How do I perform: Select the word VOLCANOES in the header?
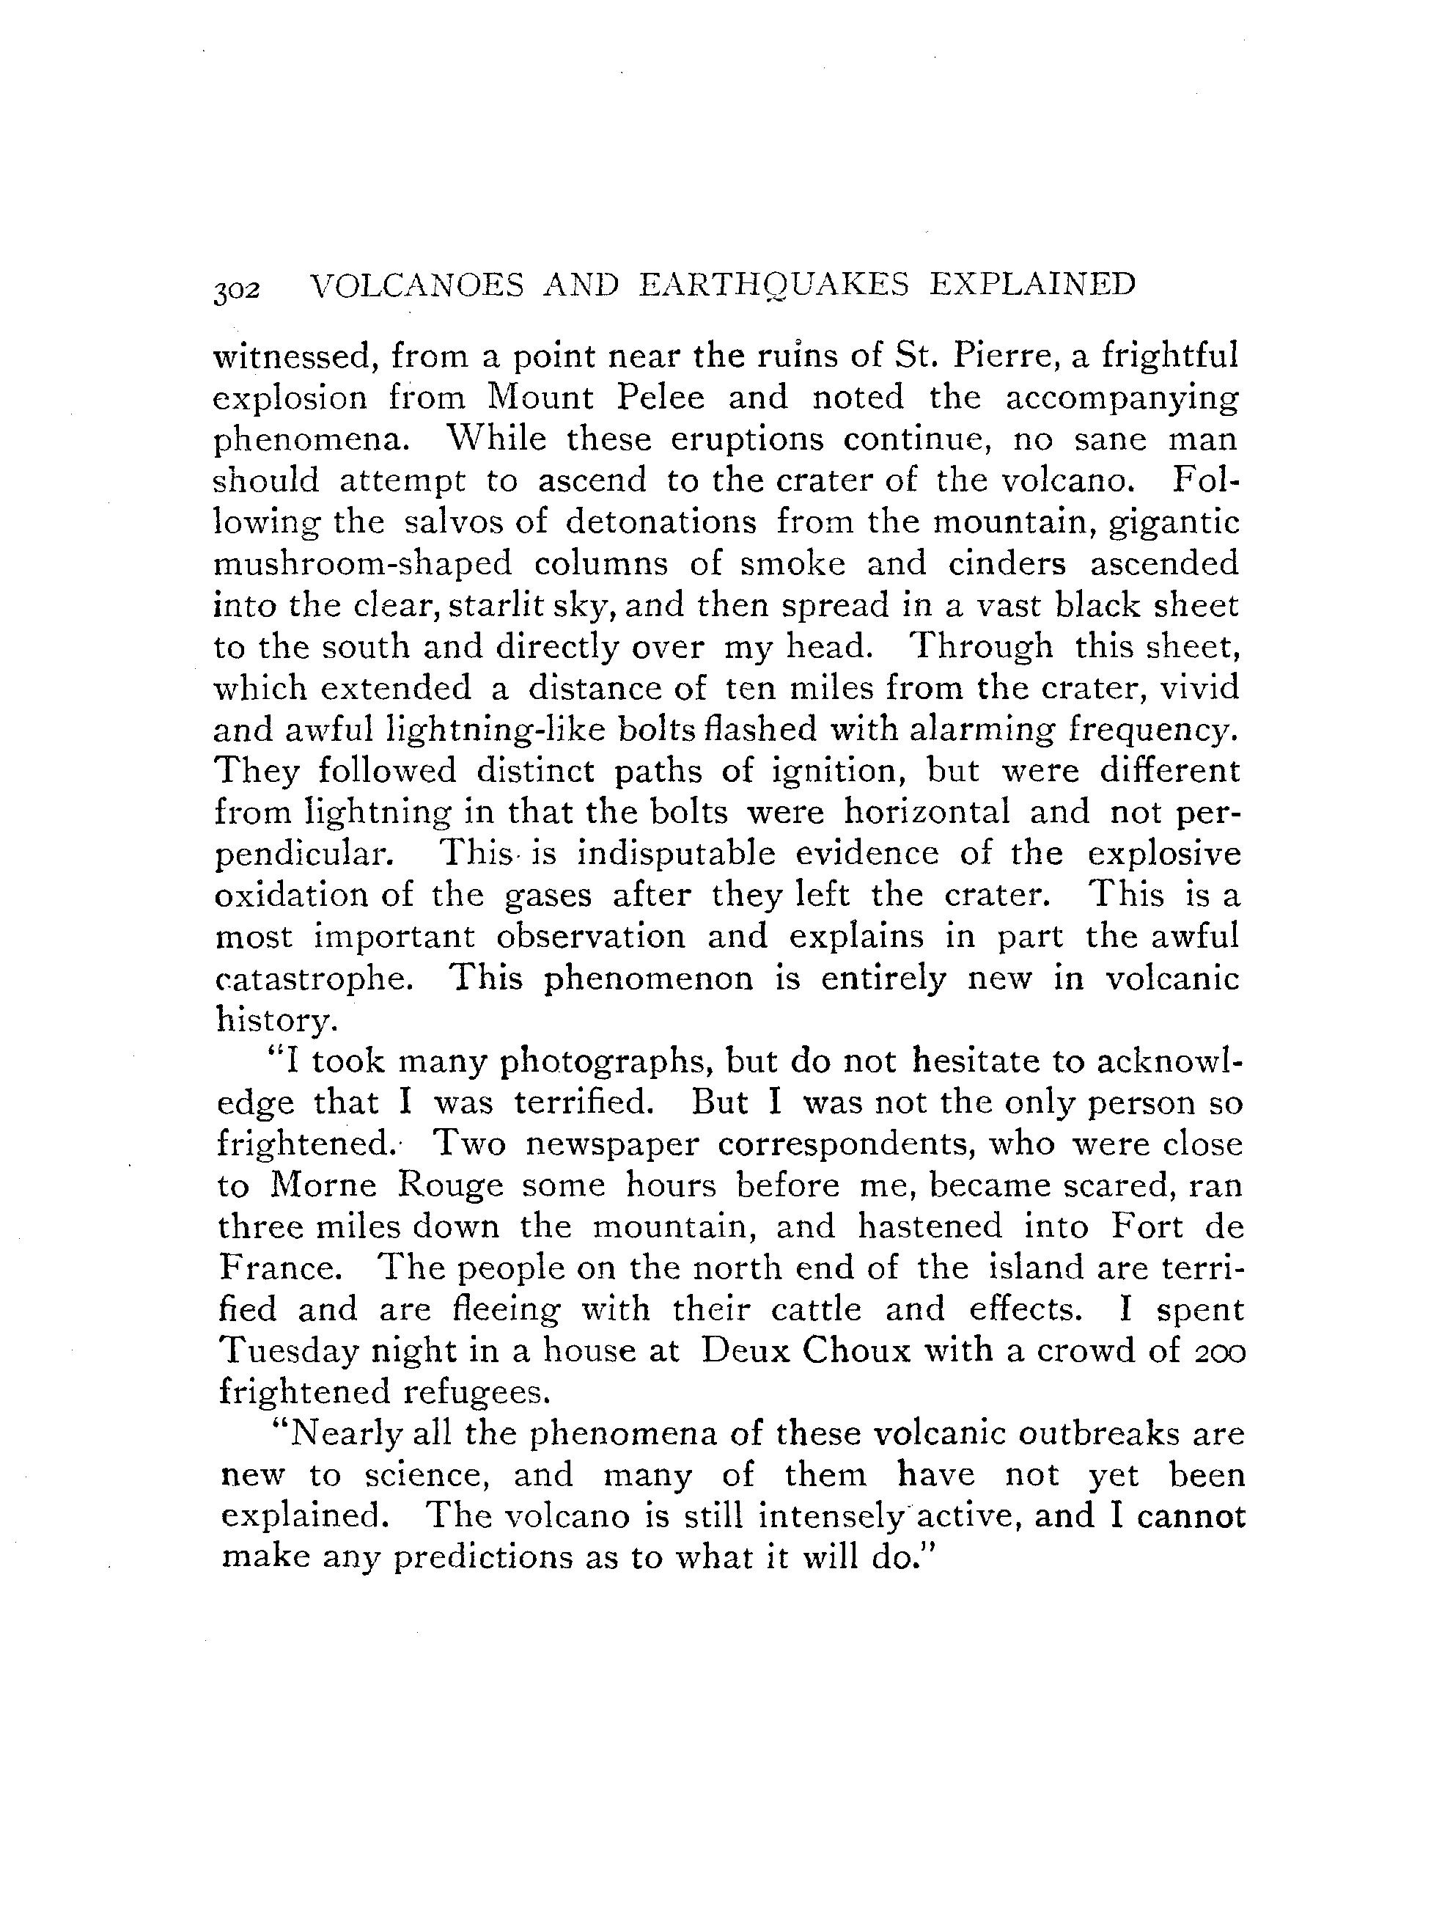coord(416,285)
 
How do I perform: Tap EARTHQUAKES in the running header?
coord(773,285)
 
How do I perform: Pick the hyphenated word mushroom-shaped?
coord(362,565)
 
